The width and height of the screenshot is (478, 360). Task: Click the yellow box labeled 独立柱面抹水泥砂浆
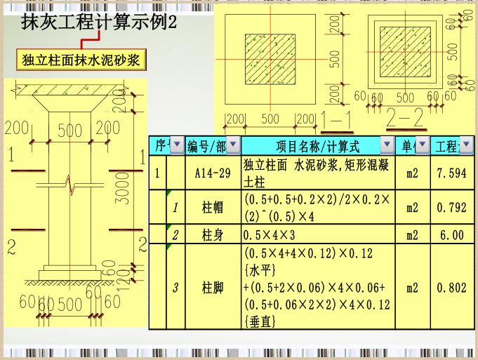(81, 60)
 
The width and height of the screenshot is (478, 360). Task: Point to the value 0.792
(451, 208)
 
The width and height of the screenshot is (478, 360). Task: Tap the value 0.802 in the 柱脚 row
(451, 287)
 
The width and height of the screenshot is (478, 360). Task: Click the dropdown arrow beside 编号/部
(233, 145)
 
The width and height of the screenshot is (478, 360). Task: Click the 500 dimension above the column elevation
(69, 130)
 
